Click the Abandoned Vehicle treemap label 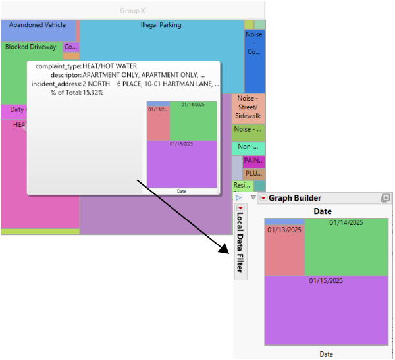click(37, 25)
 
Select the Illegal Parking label click(161, 25)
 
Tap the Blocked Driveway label click(30, 47)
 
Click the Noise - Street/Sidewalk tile click(248, 107)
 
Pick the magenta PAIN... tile click(253, 160)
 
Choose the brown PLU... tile click(253, 174)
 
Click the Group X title click(132, 11)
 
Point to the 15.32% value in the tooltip click(93, 93)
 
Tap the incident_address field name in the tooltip click(56, 84)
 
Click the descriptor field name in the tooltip click(65, 75)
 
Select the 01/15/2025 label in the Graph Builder click(326, 281)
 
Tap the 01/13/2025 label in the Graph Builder click(284, 230)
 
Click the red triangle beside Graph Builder click(263, 198)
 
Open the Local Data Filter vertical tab click(240, 240)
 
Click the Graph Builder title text click(294, 198)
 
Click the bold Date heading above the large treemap click(323, 211)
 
